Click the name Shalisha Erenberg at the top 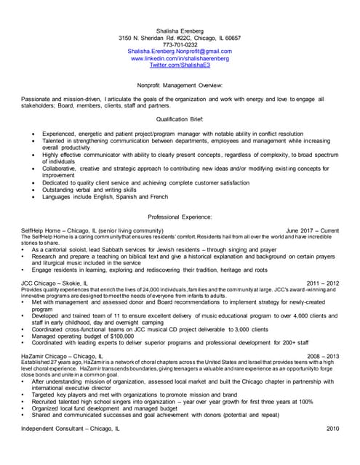click(x=180, y=30)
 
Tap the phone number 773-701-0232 click(x=180, y=44)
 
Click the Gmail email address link click(x=180, y=52)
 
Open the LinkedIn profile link click(x=180, y=59)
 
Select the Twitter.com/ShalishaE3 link click(x=180, y=65)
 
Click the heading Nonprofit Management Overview click(x=180, y=85)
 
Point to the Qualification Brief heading click(x=180, y=118)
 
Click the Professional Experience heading click(x=180, y=217)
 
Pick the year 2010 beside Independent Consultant click(x=332, y=430)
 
